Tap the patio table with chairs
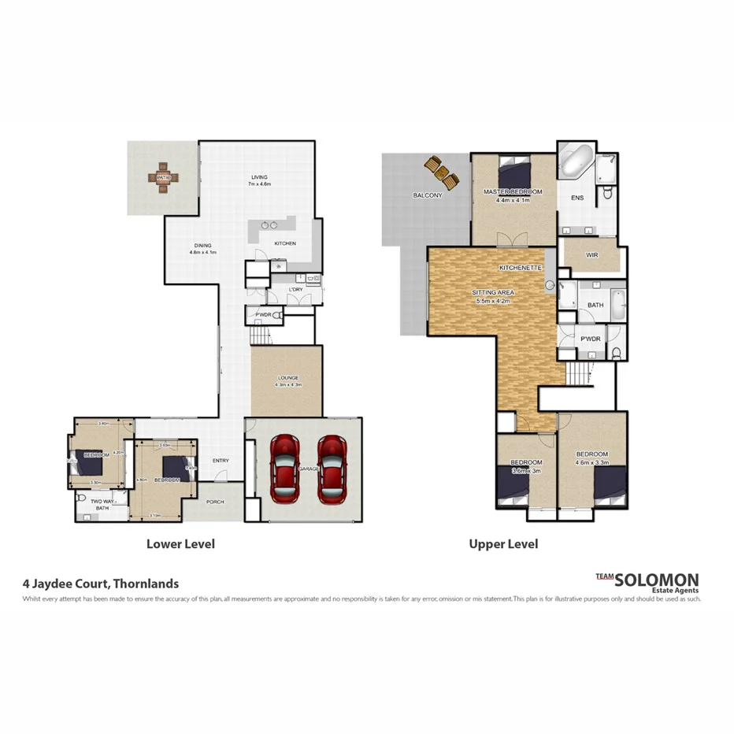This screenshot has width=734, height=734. click(x=164, y=178)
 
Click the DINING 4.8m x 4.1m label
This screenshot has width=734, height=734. click(x=202, y=248)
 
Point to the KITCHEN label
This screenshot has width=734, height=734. click(x=284, y=243)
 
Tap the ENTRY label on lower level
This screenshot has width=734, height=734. click(x=221, y=462)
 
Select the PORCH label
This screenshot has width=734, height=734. click(x=214, y=502)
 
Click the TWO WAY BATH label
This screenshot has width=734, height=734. click(x=102, y=505)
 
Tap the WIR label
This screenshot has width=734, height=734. click(x=592, y=255)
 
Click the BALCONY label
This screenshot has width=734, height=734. click(x=428, y=195)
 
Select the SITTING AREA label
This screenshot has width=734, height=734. click(x=493, y=295)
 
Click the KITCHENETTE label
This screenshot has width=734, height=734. click(x=520, y=268)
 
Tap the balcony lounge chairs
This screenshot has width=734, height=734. click(x=442, y=171)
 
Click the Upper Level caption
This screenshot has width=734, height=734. click(x=503, y=543)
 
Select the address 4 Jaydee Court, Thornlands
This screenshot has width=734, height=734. click(x=100, y=584)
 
